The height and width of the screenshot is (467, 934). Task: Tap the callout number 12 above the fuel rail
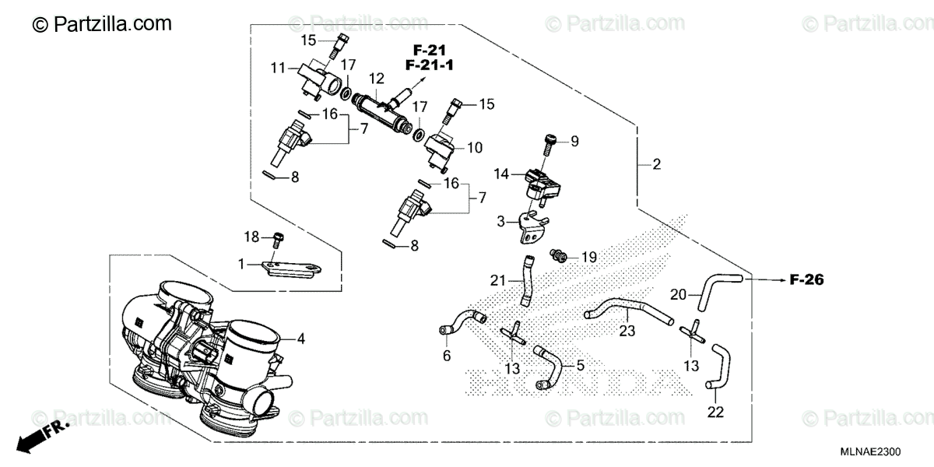point(377,79)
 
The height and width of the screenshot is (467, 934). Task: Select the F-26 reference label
point(806,279)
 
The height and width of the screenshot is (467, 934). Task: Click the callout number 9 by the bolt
point(574,141)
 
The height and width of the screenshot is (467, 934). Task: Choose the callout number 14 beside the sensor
point(502,176)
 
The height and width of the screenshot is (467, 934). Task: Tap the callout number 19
point(588,256)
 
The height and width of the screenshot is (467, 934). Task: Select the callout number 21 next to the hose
point(498,279)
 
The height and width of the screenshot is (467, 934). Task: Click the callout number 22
point(715,411)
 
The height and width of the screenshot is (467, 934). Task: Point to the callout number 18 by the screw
point(251,236)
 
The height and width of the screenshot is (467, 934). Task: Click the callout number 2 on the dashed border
point(656,164)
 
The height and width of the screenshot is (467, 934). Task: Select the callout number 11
point(278,68)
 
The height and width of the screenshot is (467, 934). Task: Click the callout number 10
point(474,146)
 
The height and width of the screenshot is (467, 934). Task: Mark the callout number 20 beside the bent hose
point(679,294)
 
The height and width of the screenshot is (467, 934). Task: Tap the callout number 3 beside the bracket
point(501,221)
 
